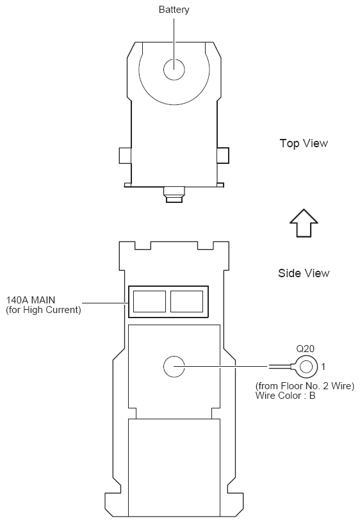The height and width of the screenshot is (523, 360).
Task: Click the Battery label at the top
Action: coord(174,10)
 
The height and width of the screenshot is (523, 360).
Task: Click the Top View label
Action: coord(304,143)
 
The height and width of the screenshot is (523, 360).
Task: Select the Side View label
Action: coord(304,273)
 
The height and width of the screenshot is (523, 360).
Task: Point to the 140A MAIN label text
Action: coord(31,300)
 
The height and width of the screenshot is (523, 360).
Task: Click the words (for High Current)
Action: coord(44,310)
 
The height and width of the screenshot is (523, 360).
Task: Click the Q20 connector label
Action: coord(306,349)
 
